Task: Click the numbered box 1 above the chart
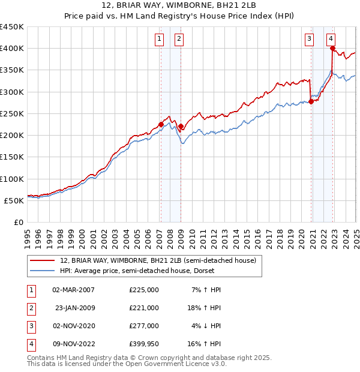(160, 40)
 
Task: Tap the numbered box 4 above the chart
(331, 40)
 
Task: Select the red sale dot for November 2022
(332, 49)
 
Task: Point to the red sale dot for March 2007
(161, 125)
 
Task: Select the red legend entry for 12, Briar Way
(158, 260)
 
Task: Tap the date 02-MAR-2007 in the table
(74, 290)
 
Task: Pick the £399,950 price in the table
(143, 344)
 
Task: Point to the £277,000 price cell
(143, 326)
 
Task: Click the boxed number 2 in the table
(31, 308)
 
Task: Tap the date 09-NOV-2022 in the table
(74, 344)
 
